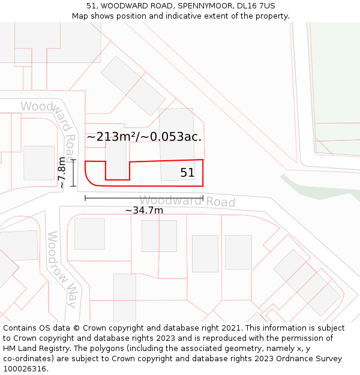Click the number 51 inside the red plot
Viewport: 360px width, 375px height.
187,173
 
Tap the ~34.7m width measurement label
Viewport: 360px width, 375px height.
144,211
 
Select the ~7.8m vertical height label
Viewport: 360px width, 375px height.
62,173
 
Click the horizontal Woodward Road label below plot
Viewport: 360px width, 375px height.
187,201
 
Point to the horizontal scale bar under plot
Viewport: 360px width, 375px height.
144,197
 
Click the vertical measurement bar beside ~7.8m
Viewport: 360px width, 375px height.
73,173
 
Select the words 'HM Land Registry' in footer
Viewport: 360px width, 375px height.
37,349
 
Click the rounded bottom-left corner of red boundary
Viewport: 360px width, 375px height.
89,182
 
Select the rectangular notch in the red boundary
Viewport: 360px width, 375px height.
118,171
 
